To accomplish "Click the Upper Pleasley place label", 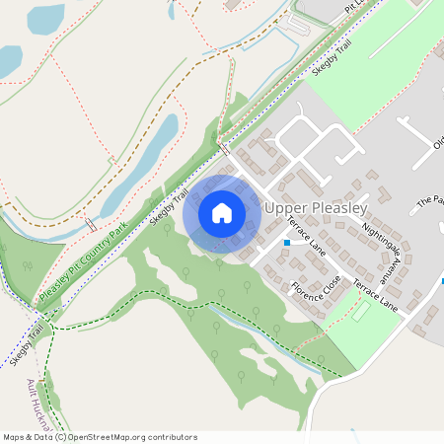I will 316,209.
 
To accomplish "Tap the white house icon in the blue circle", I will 222,212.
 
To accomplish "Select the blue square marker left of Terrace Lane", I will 287,242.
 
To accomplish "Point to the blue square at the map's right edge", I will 442,280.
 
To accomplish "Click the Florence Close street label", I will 316,289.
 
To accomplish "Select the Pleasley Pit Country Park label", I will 85,262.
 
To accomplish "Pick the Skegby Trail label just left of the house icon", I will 168,207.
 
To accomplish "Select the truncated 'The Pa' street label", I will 430,200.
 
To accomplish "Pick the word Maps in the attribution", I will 13,437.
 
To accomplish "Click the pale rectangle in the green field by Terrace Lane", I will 361,311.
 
